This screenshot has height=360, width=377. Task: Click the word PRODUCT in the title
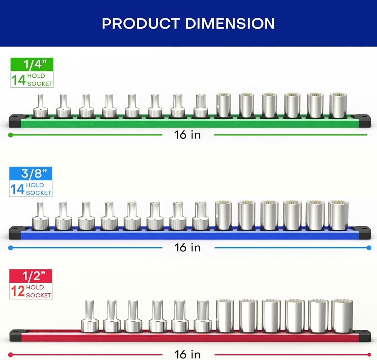[141, 24]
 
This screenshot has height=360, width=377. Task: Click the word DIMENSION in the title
[230, 24]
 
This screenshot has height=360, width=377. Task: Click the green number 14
[18, 80]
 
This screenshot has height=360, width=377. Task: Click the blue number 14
[17, 189]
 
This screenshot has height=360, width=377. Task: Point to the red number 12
[18, 291]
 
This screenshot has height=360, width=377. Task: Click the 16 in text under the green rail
[187, 135]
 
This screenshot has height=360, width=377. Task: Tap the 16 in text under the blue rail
[187, 248]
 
